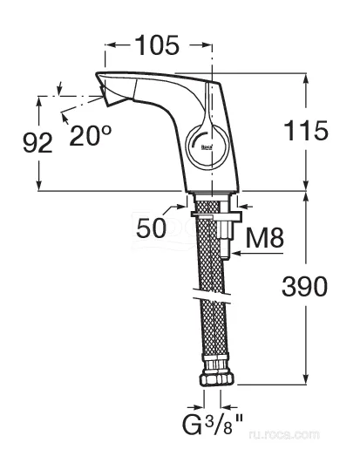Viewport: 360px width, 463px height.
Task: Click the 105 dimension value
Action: pos(158,45)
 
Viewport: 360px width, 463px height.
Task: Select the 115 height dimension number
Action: pos(306,131)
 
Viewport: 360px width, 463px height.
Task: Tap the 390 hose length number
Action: pos(304,286)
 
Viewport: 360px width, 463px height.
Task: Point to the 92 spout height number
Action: pos(37,143)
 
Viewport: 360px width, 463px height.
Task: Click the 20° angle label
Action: pos(90,135)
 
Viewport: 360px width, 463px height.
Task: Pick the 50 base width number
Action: pos(152,228)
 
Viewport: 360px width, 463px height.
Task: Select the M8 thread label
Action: pos(265,238)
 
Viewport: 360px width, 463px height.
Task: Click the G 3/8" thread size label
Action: pos(212,424)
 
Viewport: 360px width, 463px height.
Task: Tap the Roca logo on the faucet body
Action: pos(207,147)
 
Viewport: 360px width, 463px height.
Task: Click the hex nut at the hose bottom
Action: pos(217,378)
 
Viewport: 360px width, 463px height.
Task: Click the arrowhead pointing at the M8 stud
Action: pos(236,253)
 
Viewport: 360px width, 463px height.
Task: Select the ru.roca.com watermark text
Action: pos(284,434)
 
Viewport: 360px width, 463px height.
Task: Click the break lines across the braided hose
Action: pos(212,296)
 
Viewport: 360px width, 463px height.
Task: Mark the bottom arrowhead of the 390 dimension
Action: pos(306,379)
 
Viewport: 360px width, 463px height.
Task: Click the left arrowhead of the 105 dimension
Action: pos(111,44)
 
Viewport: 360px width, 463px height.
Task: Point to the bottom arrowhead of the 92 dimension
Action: pos(38,186)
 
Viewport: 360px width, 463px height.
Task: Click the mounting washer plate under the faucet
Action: pos(216,216)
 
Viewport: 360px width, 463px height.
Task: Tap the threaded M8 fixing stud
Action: pos(225,236)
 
